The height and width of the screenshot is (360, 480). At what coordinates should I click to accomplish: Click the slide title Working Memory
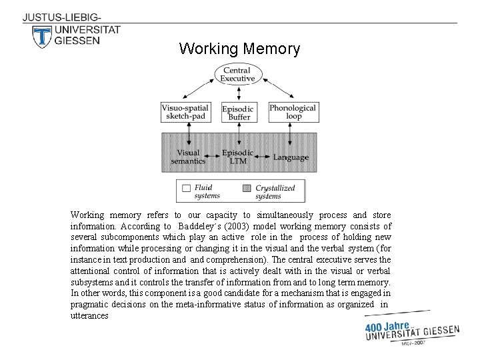pyautogui.click(x=239, y=49)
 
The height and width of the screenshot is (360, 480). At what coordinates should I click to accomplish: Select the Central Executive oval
pyautogui.click(x=237, y=75)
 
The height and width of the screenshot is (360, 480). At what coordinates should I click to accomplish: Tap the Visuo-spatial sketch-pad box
pyautogui.click(x=185, y=111)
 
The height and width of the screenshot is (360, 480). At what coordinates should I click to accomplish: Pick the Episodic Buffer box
pyautogui.click(x=238, y=113)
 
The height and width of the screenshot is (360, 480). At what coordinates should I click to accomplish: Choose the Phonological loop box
pyautogui.click(x=292, y=111)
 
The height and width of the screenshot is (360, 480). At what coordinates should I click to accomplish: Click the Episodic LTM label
pyautogui.click(x=238, y=157)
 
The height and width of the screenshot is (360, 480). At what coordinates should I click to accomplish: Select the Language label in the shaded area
pyautogui.click(x=291, y=157)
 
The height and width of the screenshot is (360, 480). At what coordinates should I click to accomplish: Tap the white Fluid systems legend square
pyautogui.click(x=187, y=189)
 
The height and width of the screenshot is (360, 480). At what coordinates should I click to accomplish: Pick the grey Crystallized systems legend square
pyautogui.click(x=247, y=189)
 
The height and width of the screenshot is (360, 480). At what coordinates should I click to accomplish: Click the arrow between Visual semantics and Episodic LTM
pyautogui.click(x=214, y=159)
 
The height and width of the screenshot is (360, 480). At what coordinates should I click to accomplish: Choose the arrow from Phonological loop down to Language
pyautogui.click(x=291, y=135)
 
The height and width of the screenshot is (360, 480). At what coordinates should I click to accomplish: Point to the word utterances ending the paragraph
pyautogui.click(x=89, y=315)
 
